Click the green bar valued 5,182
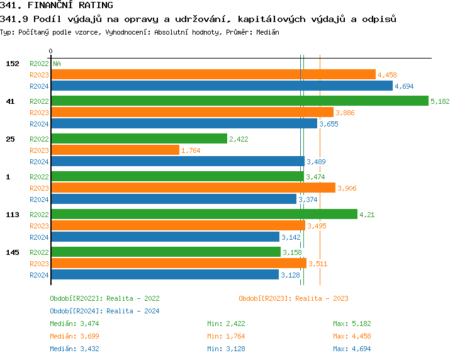(239, 101)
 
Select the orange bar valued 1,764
(115, 150)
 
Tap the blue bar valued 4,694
(222, 86)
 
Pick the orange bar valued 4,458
(213, 74)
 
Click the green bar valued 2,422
(138, 138)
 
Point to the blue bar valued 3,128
(164, 274)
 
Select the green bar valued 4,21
(204, 214)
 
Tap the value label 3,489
(317, 162)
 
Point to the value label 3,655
(329, 124)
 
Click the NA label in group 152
(57, 64)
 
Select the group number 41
(10, 101)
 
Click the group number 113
(13, 215)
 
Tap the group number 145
(13, 252)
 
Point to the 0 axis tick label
(51, 51)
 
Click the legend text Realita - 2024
(133, 311)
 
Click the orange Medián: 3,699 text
(74, 336)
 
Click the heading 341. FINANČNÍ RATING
(57, 6)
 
